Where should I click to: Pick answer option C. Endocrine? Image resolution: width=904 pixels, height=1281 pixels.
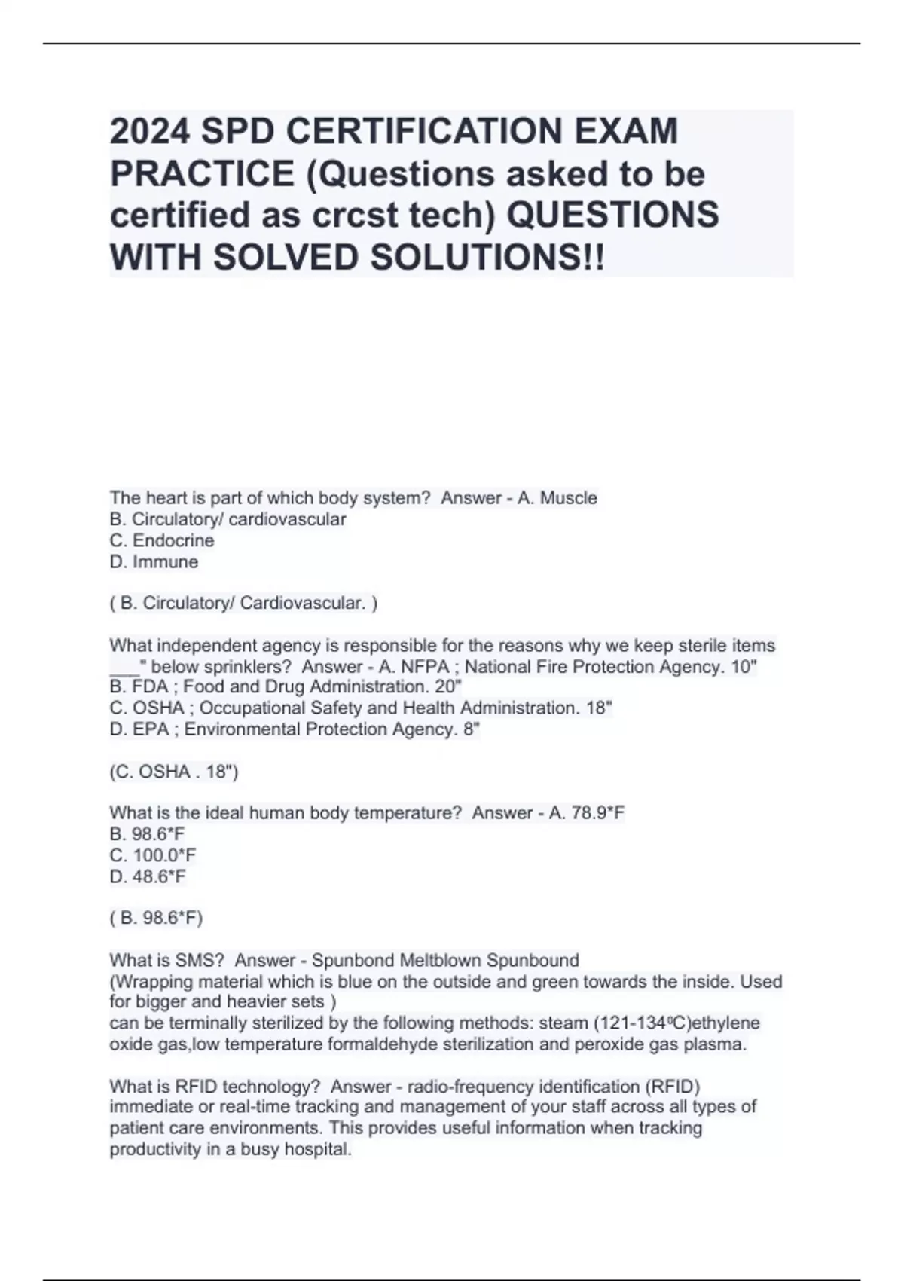coord(162,541)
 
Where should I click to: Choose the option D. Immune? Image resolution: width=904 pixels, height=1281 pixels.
coord(154,562)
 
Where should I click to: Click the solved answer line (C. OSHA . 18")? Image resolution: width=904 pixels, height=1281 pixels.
coord(173,772)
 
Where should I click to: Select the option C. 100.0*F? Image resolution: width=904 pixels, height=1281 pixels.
coord(153,855)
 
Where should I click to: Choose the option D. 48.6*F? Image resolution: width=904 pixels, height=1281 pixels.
coord(148,876)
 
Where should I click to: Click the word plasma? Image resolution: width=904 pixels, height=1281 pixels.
coord(716,1044)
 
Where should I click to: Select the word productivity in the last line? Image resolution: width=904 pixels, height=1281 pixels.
coord(154,1150)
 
